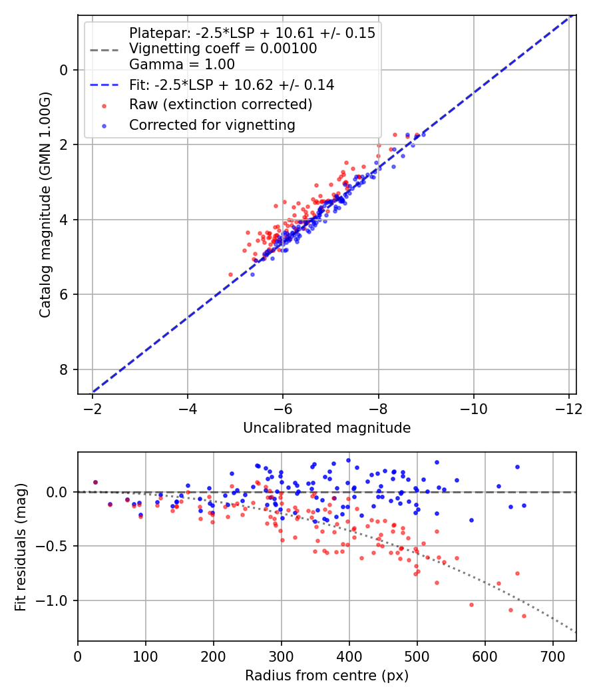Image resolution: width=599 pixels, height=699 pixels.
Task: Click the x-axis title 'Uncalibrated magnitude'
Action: click(x=327, y=428)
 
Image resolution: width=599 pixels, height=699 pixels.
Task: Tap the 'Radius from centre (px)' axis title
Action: click(x=327, y=676)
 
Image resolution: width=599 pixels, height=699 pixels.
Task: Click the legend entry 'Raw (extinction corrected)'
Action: click(x=220, y=105)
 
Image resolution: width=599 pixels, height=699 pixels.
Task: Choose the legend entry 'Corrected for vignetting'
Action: click(x=212, y=124)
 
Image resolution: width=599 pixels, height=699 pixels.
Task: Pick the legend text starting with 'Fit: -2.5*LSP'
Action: click(x=232, y=85)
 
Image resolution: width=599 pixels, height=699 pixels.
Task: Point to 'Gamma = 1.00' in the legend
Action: click(x=182, y=65)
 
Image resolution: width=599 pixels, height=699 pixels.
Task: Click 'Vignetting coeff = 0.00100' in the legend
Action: click(x=223, y=49)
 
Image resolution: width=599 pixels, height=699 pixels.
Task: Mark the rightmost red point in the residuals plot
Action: click(x=524, y=616)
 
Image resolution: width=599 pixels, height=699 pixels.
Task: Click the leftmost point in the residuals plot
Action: click(x=95, y=482)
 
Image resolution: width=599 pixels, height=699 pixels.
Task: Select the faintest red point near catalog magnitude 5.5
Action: click(x=231, y=274)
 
